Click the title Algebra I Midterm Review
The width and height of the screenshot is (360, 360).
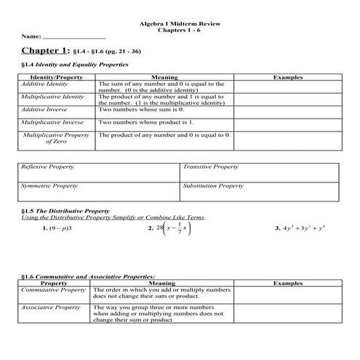click(x=180, y=23)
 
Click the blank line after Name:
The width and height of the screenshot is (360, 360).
click(x=74, y=36)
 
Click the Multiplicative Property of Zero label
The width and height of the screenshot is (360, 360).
click(x=56, y=138)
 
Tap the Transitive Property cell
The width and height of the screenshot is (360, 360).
click(x=210, y=167)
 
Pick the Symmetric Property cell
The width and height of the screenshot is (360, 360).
click(x=46, y=186)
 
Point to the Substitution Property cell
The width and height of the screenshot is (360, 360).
click(x=213, y=186)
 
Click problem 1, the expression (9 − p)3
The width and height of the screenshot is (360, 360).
click(x=57, y=228)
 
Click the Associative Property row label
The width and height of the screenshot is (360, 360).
click(x=50, y=308)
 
